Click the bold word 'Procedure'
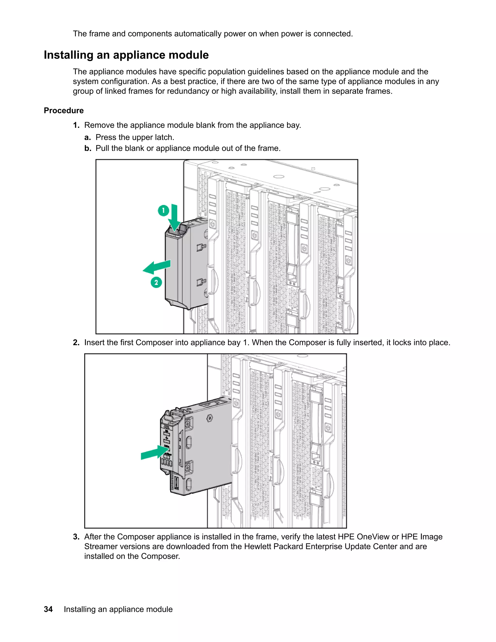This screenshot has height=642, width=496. click(64, 110)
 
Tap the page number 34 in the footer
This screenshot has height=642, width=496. click(48, 609)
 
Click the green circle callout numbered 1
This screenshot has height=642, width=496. click(163, 211)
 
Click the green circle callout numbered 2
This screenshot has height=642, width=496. click(156, 282)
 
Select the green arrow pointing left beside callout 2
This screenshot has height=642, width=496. click(157, 267)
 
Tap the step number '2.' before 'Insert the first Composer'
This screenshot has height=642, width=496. click(76, 343)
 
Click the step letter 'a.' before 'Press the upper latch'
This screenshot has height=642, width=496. click(88, 137)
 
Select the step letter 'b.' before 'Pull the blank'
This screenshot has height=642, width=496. click(88, 148)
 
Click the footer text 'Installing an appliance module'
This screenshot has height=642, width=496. click(118, 609)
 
